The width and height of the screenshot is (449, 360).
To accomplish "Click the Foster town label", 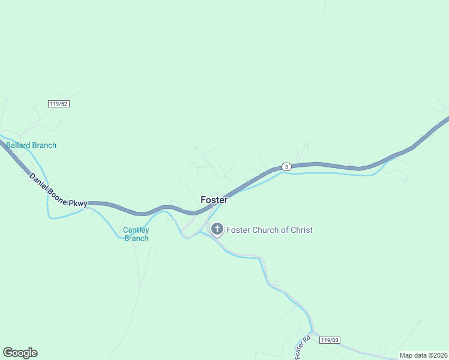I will click(x=214, y=200).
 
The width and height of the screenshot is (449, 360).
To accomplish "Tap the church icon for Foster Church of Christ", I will click(x=217, y=229).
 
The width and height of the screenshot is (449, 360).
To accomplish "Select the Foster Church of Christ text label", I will click(x=269, y=230).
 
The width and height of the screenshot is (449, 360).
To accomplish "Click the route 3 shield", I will click(x=287, y=166).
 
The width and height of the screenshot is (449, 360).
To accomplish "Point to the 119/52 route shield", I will click(x=59, y=104).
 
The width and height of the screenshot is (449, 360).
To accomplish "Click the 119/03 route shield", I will click(x=330, y=340).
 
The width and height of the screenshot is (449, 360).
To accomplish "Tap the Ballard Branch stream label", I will click(x=31, y=145).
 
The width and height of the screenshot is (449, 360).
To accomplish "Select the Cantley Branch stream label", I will click(x=136, y=234).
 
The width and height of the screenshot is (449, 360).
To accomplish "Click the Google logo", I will click(x=20, y=353).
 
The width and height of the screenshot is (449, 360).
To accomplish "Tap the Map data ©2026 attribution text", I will click(x=423, y=355).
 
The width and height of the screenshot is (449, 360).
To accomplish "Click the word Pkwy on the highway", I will click(x=78, y=203).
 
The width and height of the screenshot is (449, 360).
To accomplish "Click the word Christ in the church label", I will click(x=300, y=230).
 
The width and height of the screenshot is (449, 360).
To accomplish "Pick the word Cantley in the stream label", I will click(x=136, y=230).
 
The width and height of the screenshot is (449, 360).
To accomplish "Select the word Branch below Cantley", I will click(x=136, y=238).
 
